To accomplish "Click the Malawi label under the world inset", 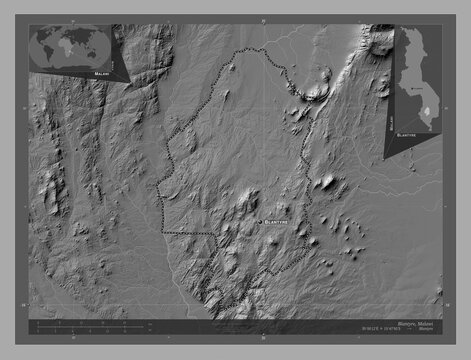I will [x=101, y=74].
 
